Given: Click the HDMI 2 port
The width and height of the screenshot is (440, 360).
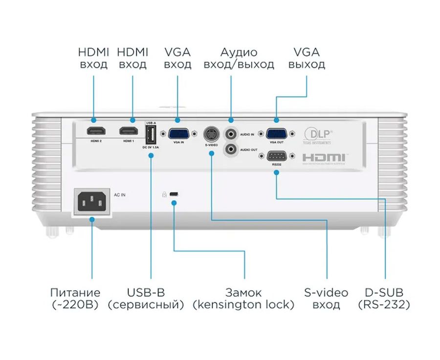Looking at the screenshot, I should point(94,132).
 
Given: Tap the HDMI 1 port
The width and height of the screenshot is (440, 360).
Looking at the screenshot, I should point(128,132).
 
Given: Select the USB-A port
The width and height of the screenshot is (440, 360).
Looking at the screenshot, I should point(151,134).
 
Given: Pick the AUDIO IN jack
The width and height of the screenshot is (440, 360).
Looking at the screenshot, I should point(231,133).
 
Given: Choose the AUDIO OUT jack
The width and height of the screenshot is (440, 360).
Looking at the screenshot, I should point(231,149).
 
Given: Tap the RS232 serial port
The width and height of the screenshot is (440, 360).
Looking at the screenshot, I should point(276,156).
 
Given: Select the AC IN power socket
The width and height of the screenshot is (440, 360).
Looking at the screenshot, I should point(91,200).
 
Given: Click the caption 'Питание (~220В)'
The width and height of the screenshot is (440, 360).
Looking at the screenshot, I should point(75,298).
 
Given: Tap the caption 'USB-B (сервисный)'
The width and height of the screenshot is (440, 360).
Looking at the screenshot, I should point(146,298).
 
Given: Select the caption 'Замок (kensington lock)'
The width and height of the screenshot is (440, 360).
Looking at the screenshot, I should point(243,298).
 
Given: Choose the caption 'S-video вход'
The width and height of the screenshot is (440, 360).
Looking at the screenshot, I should point(326,298).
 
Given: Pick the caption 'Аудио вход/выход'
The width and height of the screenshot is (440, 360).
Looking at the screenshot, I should point(239,58).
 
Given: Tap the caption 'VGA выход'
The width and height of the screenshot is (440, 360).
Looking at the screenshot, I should point(307,58).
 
